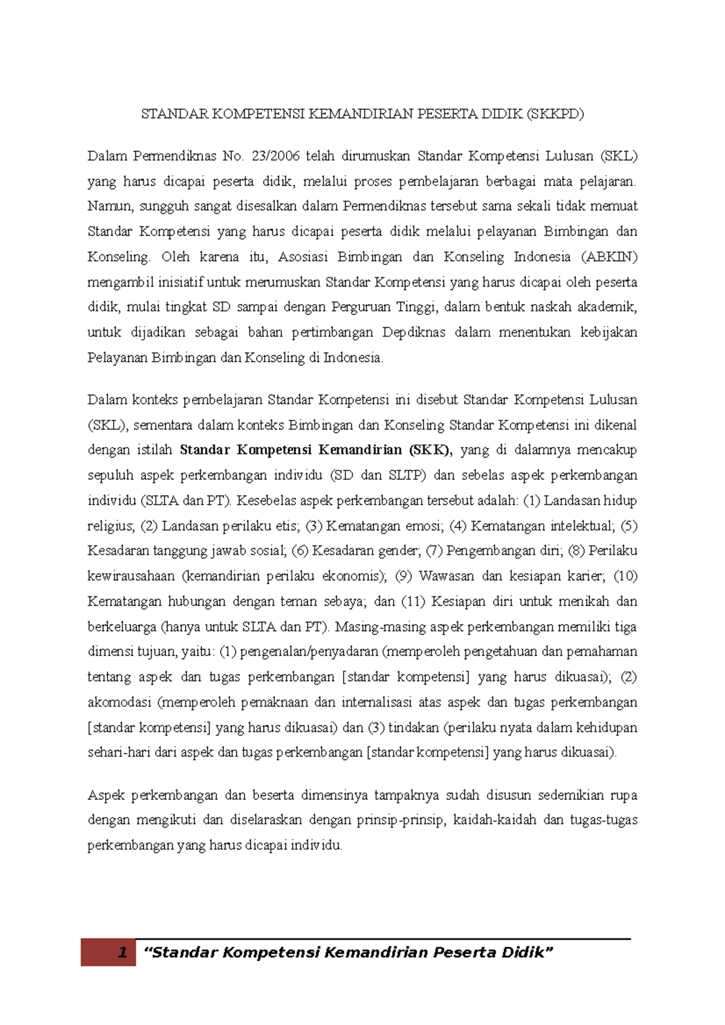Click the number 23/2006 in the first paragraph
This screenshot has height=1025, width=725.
(275, 156)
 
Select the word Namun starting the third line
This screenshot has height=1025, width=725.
(109, 206)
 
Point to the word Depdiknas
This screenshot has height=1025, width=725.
(413, 333)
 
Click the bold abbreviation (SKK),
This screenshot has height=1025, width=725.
(430, 450)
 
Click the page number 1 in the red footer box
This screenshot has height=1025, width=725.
(123, 953)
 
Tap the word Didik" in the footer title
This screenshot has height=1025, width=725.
(531, 953)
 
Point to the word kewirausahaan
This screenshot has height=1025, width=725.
(131, 576)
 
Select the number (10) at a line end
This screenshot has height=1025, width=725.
(625, 576)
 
